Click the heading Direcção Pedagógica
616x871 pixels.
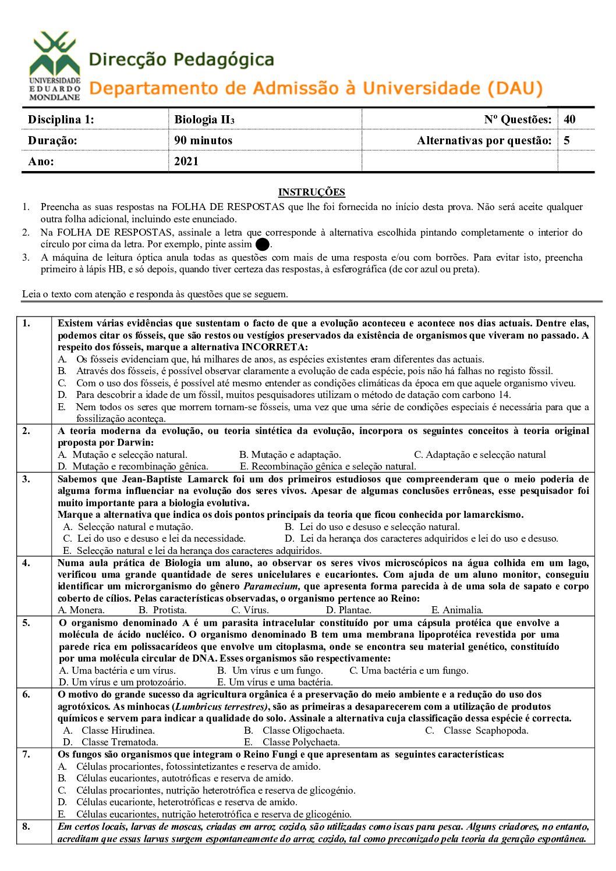click(x=181, y=60)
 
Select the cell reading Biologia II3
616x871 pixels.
click(x=204, y=120)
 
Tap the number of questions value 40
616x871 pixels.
click(x=569, y=120)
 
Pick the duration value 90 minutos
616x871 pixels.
click(x=203, y=141)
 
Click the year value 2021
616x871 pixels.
click(x=186, y=162)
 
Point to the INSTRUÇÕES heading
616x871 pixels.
click(x=311, y=193)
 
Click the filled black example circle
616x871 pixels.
click(x=262, y=245)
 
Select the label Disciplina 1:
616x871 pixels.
click(x=61, y=120)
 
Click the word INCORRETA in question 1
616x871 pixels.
click(x=274, y=347)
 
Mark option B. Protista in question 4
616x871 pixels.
click(x=163, y=610)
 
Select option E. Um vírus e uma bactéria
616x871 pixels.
click(x=275, y=682)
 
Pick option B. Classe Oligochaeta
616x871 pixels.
click(x=295, y=731)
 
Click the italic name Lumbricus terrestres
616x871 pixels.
click(x=221, y=707)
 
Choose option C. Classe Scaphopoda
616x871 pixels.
click(x=477, y=731)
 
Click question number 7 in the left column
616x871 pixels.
click(x=26, y=755)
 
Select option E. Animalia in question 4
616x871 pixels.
click(x=457, y=610)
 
